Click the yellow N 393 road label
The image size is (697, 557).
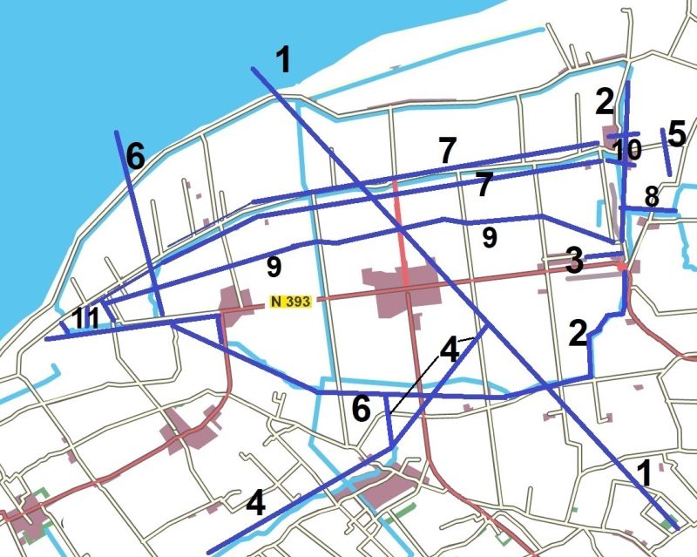290,302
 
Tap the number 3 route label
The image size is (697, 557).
573,261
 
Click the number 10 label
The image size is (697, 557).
626,149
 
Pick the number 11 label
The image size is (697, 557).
86,318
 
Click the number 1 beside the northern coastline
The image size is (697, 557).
283,60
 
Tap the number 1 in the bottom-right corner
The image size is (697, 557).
645,473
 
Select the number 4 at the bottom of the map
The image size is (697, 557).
255,504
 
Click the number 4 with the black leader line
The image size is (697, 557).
449,350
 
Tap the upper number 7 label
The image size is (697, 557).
447,150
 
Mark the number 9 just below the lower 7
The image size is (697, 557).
490,237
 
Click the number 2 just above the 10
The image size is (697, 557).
605,102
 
